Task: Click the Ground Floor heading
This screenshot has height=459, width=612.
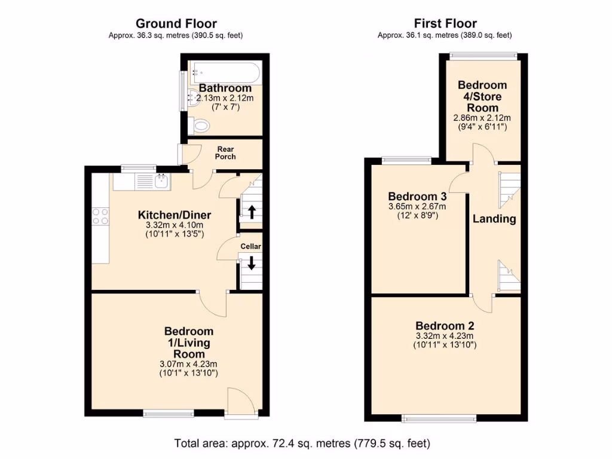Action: click(175, 23)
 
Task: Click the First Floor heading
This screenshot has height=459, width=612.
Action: click(445, 23)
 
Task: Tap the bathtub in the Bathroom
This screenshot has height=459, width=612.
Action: click(225, 74)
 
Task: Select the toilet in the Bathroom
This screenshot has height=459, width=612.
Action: click(201, 126)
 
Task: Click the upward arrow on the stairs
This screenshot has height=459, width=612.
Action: click(251, 211)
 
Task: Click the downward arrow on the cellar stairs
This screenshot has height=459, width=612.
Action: click(251, 263)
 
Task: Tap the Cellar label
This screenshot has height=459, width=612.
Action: click(251, 246)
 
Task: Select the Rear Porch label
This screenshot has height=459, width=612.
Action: click(225, 153)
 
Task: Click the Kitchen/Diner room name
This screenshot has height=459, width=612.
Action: click(175, 215)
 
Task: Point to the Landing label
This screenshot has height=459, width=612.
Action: click(494, 219)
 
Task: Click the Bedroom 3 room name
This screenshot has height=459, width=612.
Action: click(417, 197)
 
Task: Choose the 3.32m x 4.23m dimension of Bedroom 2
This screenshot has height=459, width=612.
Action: click(445, 336)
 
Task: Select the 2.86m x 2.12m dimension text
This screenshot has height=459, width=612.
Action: click(482, 118)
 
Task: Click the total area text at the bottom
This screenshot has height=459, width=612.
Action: click(302, 443)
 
